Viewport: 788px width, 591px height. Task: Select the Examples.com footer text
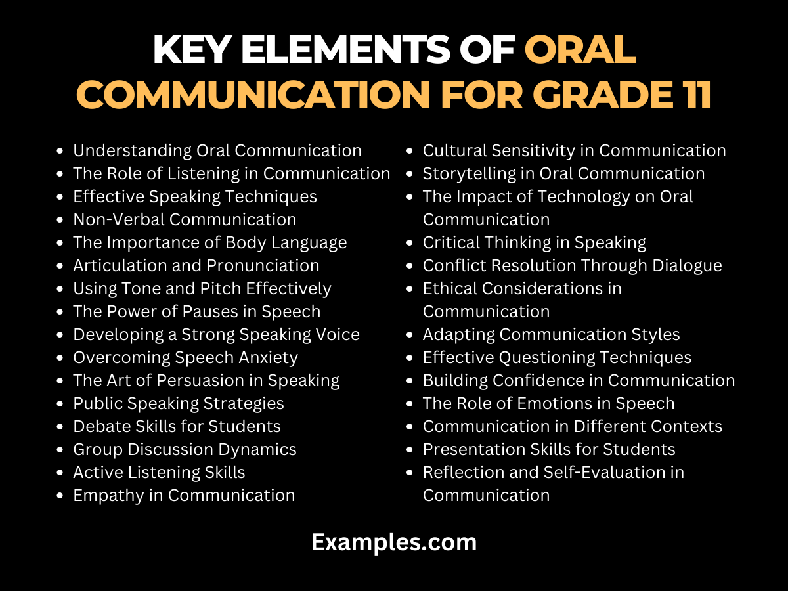click(394, 542)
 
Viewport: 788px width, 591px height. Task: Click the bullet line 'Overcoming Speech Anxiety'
click(185, 357)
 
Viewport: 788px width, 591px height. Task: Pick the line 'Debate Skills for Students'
click(177, 426)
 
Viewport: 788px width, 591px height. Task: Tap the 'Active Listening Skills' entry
click(159, 472)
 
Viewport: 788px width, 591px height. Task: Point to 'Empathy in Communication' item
click(184, 495)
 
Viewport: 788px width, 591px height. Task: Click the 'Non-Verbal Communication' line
click(185, 219)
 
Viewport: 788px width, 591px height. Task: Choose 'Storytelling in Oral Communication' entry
click(563, 173)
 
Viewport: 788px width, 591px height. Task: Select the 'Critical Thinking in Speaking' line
click(535, 242)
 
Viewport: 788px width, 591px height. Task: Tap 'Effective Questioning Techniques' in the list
click(557, 357)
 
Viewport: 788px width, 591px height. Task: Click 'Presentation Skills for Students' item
click(549, 449)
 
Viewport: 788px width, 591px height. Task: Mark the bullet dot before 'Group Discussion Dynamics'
click(60, 450)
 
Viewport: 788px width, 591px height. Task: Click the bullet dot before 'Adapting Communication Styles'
click(410, 335)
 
